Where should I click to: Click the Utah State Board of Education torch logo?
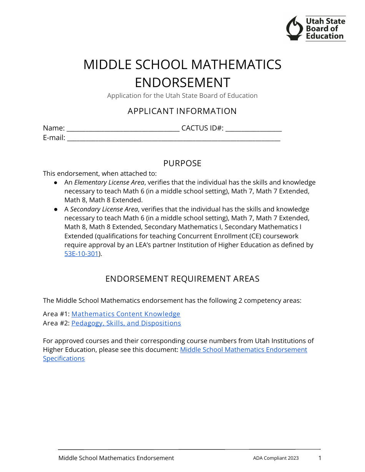[x=295, y=28]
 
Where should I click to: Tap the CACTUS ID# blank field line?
[x=254, y=129]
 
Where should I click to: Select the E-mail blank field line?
[x=174, y=139]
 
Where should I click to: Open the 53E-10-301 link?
[x=81, y=254]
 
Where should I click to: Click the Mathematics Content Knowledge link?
[x=126, y=314]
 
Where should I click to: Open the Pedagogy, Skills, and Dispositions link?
[x=126, y=323]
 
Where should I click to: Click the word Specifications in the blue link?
[x=64, y=358]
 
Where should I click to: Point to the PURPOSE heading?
[x=182, y=163]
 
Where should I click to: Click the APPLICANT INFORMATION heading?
[x=182, y=111]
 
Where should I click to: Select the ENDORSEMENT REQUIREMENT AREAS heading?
[x=182, y=279]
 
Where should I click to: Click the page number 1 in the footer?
[x=320, y=458]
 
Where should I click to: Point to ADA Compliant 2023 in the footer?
[x=275, y=458]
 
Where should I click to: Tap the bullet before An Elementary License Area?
[x=56, y=183]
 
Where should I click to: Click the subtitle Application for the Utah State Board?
[x=182, y=96]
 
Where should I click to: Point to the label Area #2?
[x=56, y=323]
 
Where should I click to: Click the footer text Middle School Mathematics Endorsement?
[x=116, y=458]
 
